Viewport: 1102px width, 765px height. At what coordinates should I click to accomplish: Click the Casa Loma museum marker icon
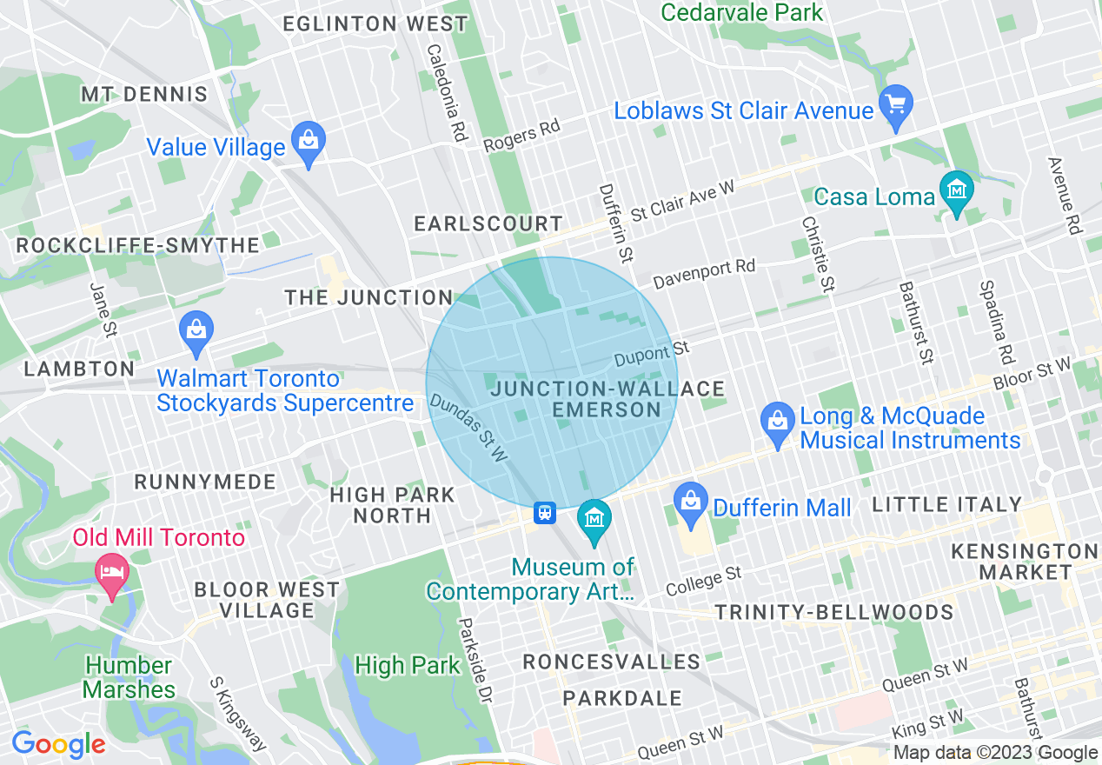[957, 190]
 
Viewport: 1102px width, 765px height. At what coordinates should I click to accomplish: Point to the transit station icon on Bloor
[545, 513]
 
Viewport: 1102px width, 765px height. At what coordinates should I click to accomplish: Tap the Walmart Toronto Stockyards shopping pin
[197, 331]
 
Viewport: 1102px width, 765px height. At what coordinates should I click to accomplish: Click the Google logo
[58, 744]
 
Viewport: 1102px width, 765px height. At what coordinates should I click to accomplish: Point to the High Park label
[407, 666]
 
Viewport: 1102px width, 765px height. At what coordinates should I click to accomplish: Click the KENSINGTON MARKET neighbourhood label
[1025, 562]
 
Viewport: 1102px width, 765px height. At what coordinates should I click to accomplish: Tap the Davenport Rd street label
[704, 273]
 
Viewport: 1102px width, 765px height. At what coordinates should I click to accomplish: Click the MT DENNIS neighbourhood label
[144, 94]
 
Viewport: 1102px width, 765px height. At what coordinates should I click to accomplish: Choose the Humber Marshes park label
[130, 677]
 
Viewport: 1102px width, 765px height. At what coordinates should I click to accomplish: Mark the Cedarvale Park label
[741, 12]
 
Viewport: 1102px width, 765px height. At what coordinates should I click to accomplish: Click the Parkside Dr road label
[475, 661]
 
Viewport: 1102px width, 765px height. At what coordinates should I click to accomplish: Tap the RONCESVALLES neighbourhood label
[611, 662]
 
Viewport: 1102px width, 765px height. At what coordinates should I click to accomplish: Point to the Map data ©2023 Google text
[995, 753]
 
